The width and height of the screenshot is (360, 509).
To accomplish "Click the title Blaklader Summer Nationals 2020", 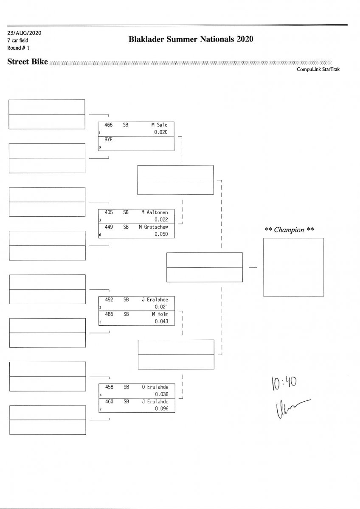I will (191, 39).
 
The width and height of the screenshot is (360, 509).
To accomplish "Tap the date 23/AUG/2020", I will (24, 32).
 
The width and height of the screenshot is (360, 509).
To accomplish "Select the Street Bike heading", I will (28, 62).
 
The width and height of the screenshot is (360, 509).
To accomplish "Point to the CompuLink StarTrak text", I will (318, 69).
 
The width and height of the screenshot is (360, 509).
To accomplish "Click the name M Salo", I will (159, 125).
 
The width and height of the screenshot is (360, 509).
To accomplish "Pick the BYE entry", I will (108, 140).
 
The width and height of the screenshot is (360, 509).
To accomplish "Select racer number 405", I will (109, 212).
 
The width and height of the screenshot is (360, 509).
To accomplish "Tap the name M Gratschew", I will (153, 227).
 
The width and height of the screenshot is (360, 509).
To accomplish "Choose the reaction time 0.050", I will (161, 234).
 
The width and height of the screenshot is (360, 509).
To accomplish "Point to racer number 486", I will (109, 314).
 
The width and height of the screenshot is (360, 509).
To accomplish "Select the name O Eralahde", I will (155, 387).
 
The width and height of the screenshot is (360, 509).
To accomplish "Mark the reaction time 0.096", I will (161, 408).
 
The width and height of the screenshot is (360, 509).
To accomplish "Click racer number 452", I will (109, 299).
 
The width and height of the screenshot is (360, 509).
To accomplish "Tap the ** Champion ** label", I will (289, 230).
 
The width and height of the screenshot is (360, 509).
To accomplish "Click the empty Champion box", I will (293, 267).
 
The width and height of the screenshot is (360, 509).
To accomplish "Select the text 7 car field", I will (18, 40).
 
